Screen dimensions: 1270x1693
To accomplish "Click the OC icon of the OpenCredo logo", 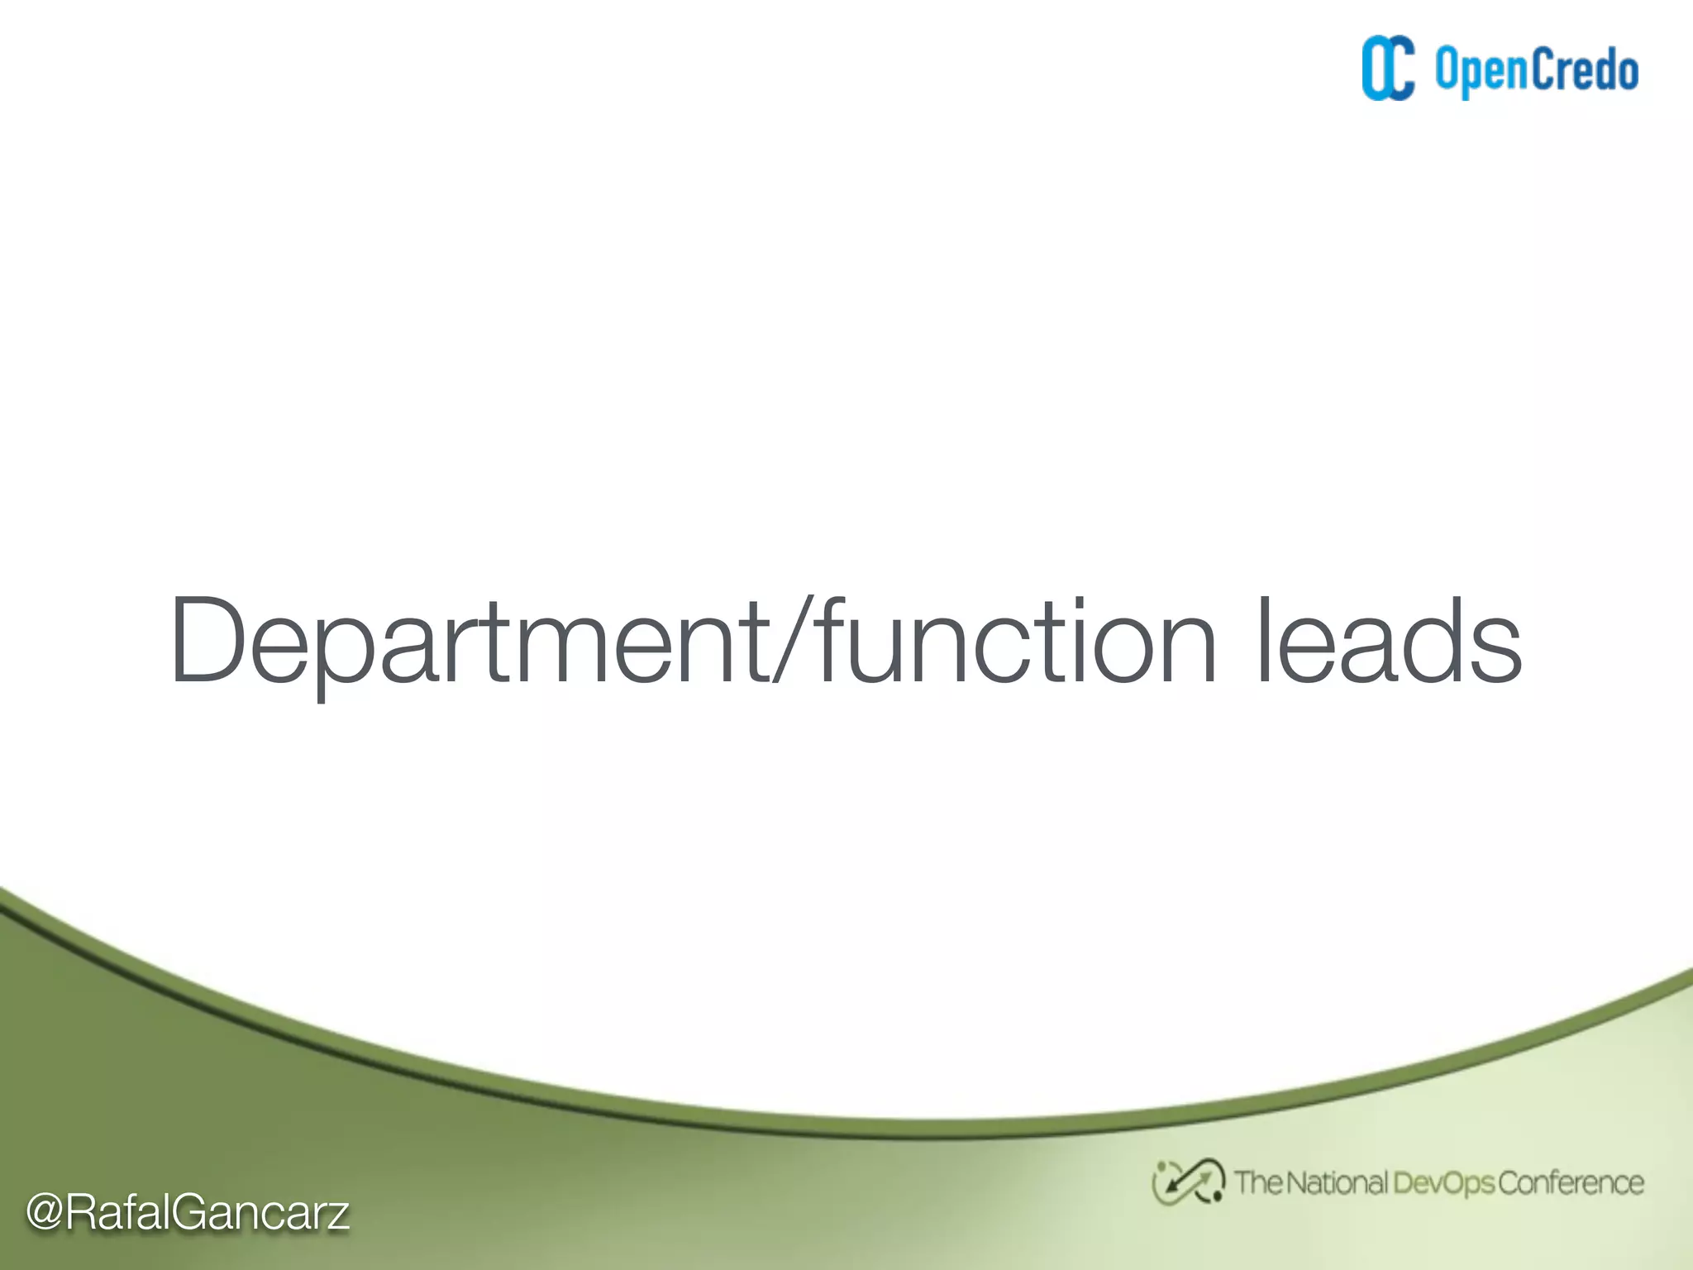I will pyautogui.click(x=1388, y=69).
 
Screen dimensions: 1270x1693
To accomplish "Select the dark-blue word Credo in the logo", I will pyautogui.click(x=1584, y=69).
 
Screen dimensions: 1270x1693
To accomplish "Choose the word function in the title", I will pyautogui.click(x=1016, y=640).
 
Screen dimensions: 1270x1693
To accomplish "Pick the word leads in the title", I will pyautogui.click(x=1388, y=642).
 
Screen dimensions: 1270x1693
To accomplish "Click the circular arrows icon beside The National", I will pyautogui.click(x=1188, y=1182).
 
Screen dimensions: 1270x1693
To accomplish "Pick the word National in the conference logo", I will pyautogui.click(x=1337, y=1182).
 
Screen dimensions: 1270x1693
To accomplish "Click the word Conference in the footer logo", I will pyautogui.click(x=1571, y=1182).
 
